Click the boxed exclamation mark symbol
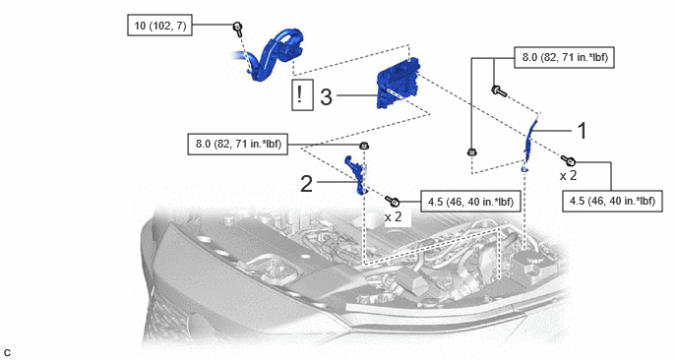[302, 95]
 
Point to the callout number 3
[327, 96]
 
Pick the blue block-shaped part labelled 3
[398, 83]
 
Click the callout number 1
[583, 131]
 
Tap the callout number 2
[306, 184]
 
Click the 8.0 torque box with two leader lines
[564, 57]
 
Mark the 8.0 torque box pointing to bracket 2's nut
[238, 144]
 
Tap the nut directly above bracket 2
[365, 147]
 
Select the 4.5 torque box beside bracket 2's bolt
[470, 202]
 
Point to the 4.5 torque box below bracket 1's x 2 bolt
[612, 201]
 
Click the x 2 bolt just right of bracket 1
[569, 161]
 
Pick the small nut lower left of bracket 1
[471, 151]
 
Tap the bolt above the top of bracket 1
[499, 90]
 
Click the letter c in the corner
[7, 353]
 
